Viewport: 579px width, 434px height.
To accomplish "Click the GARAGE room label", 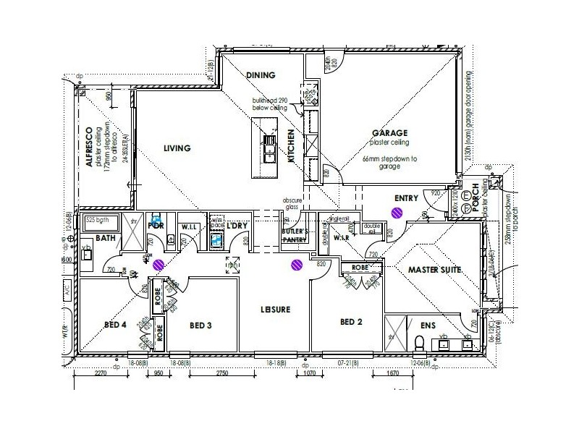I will point(390,133).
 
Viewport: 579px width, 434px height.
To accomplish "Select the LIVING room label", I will point(177,148).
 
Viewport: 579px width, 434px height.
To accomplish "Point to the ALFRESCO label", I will point(90,148).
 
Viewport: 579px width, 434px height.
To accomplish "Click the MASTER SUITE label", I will point(435,270).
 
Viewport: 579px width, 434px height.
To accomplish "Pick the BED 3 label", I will point(200,325).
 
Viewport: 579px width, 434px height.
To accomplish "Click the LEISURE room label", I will point(276,310).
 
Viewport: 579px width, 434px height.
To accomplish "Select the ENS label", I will point(428,325).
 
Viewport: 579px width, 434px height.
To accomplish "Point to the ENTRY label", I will point(407,197).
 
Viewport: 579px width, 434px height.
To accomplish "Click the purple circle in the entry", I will point(397,213).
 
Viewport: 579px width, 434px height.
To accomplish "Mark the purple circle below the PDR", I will point(159,264).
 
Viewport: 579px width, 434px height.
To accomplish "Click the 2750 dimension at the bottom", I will point(222,375).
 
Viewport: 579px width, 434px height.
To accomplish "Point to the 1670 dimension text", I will point(392,375).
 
